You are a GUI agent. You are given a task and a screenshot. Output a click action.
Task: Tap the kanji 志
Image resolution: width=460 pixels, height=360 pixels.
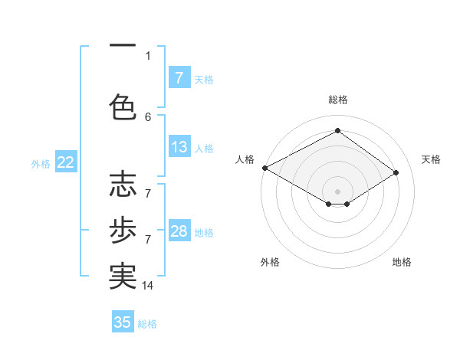(123, 184)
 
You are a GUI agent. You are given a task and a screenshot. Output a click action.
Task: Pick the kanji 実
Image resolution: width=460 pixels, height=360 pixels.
(123, 277)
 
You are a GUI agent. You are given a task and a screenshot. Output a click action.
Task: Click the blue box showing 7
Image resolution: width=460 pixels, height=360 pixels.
(179, 78)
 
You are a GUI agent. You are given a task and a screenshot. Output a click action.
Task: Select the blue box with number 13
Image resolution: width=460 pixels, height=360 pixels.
(179, 148)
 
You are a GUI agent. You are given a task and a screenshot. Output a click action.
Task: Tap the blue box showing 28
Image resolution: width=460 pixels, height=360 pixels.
(179, 232)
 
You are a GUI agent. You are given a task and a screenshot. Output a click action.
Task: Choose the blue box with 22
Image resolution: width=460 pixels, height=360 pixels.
(65, 162)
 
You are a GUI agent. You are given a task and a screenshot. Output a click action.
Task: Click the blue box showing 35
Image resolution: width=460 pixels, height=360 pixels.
(123, 322)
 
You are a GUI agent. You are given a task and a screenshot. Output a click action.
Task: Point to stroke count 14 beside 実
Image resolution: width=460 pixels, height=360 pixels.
(148, 286)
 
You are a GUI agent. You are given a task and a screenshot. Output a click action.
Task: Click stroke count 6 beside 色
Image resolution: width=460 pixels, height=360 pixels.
(148, 116)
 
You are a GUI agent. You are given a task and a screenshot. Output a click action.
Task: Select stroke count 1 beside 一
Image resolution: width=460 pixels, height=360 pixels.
(148, 55)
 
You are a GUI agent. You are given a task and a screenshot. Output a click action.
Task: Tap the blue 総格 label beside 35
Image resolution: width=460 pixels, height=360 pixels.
(147, 324)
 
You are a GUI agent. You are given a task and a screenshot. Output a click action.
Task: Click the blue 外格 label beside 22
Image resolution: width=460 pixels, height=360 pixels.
(41, 163)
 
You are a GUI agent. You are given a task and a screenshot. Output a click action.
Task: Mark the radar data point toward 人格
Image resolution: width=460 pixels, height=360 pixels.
(264, 167)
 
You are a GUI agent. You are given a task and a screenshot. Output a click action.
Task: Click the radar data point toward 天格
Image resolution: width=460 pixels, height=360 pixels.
(396, 173)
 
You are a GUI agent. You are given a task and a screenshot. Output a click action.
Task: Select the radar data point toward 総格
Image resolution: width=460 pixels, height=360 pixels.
(337, 130)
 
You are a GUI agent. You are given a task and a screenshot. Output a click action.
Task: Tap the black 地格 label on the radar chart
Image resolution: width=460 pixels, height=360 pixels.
(402, 262)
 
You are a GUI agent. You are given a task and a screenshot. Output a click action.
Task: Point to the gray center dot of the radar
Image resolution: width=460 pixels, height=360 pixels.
(337, 190)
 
